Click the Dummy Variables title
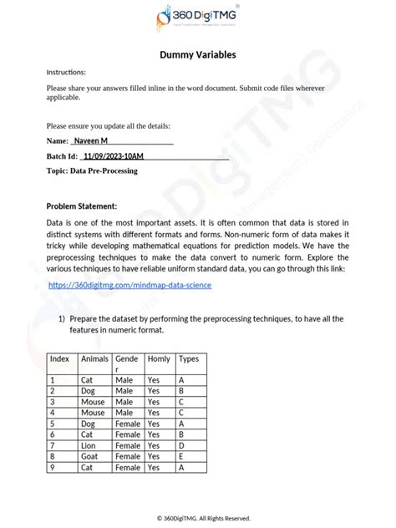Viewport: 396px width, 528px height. (x=198, y=55)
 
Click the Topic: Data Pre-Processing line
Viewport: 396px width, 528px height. (x=92, y=170)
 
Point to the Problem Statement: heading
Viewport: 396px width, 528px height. (x=82, y=206)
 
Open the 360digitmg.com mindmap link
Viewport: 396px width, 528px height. (x=129, y=285)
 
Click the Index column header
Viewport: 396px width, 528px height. (x=59, y=358)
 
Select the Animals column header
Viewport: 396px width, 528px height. (x=94, y=358)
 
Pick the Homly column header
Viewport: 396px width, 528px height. (x=159, y=358)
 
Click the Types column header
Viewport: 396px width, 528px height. (x=189, y=358)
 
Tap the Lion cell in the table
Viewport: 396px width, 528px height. (x=88, y=445)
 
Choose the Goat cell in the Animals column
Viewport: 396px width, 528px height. (x=89, y=456)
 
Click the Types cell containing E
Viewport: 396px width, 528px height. (x=181, y=456)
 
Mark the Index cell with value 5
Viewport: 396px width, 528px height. (x=53, y=424)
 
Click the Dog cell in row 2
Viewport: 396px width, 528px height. (x=89, y=391)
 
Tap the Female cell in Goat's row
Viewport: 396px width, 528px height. (x=128, y=456)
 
